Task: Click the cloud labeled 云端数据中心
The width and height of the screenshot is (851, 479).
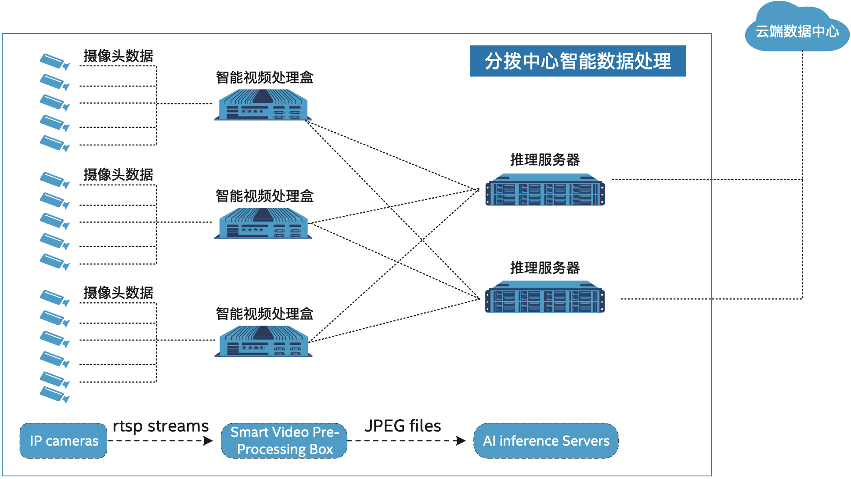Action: click(x=797, y=31)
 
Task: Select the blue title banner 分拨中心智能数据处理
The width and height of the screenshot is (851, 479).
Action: click(x=577, y=61)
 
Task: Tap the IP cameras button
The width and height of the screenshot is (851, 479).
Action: click(x=64, y=441)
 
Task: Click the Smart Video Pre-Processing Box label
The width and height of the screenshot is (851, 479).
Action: click(x=285, y=441)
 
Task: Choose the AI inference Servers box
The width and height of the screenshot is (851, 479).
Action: click(x=546, y=441)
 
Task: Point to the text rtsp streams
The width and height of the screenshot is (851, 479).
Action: click(x=160, y=426)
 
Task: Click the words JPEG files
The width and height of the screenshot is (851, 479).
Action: click(x=403, y=426)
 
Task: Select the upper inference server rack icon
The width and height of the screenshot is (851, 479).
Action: click(x=545, y=190)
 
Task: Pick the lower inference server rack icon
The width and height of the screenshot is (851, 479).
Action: click(x=545, y=297)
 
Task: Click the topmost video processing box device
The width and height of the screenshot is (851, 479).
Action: click(x=263, y=105)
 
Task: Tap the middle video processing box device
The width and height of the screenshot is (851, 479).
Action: click(x=263, y=223)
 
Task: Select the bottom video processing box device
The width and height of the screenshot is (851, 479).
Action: click(x=263, y=341)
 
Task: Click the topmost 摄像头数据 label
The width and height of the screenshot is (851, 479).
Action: click(x=118, y=56)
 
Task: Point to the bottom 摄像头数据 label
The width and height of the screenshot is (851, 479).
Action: click(x=118, y=293)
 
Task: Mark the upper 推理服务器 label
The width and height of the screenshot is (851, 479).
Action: click(x=545, y=160)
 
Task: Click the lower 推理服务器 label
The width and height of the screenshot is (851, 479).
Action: click(x=545, y=268)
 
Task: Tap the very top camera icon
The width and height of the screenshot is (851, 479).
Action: click(x=54, y=61)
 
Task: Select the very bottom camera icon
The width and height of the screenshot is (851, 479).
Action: click(x=54, y=394)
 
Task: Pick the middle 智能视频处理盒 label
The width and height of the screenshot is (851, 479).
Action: click(x=264, y=196)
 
